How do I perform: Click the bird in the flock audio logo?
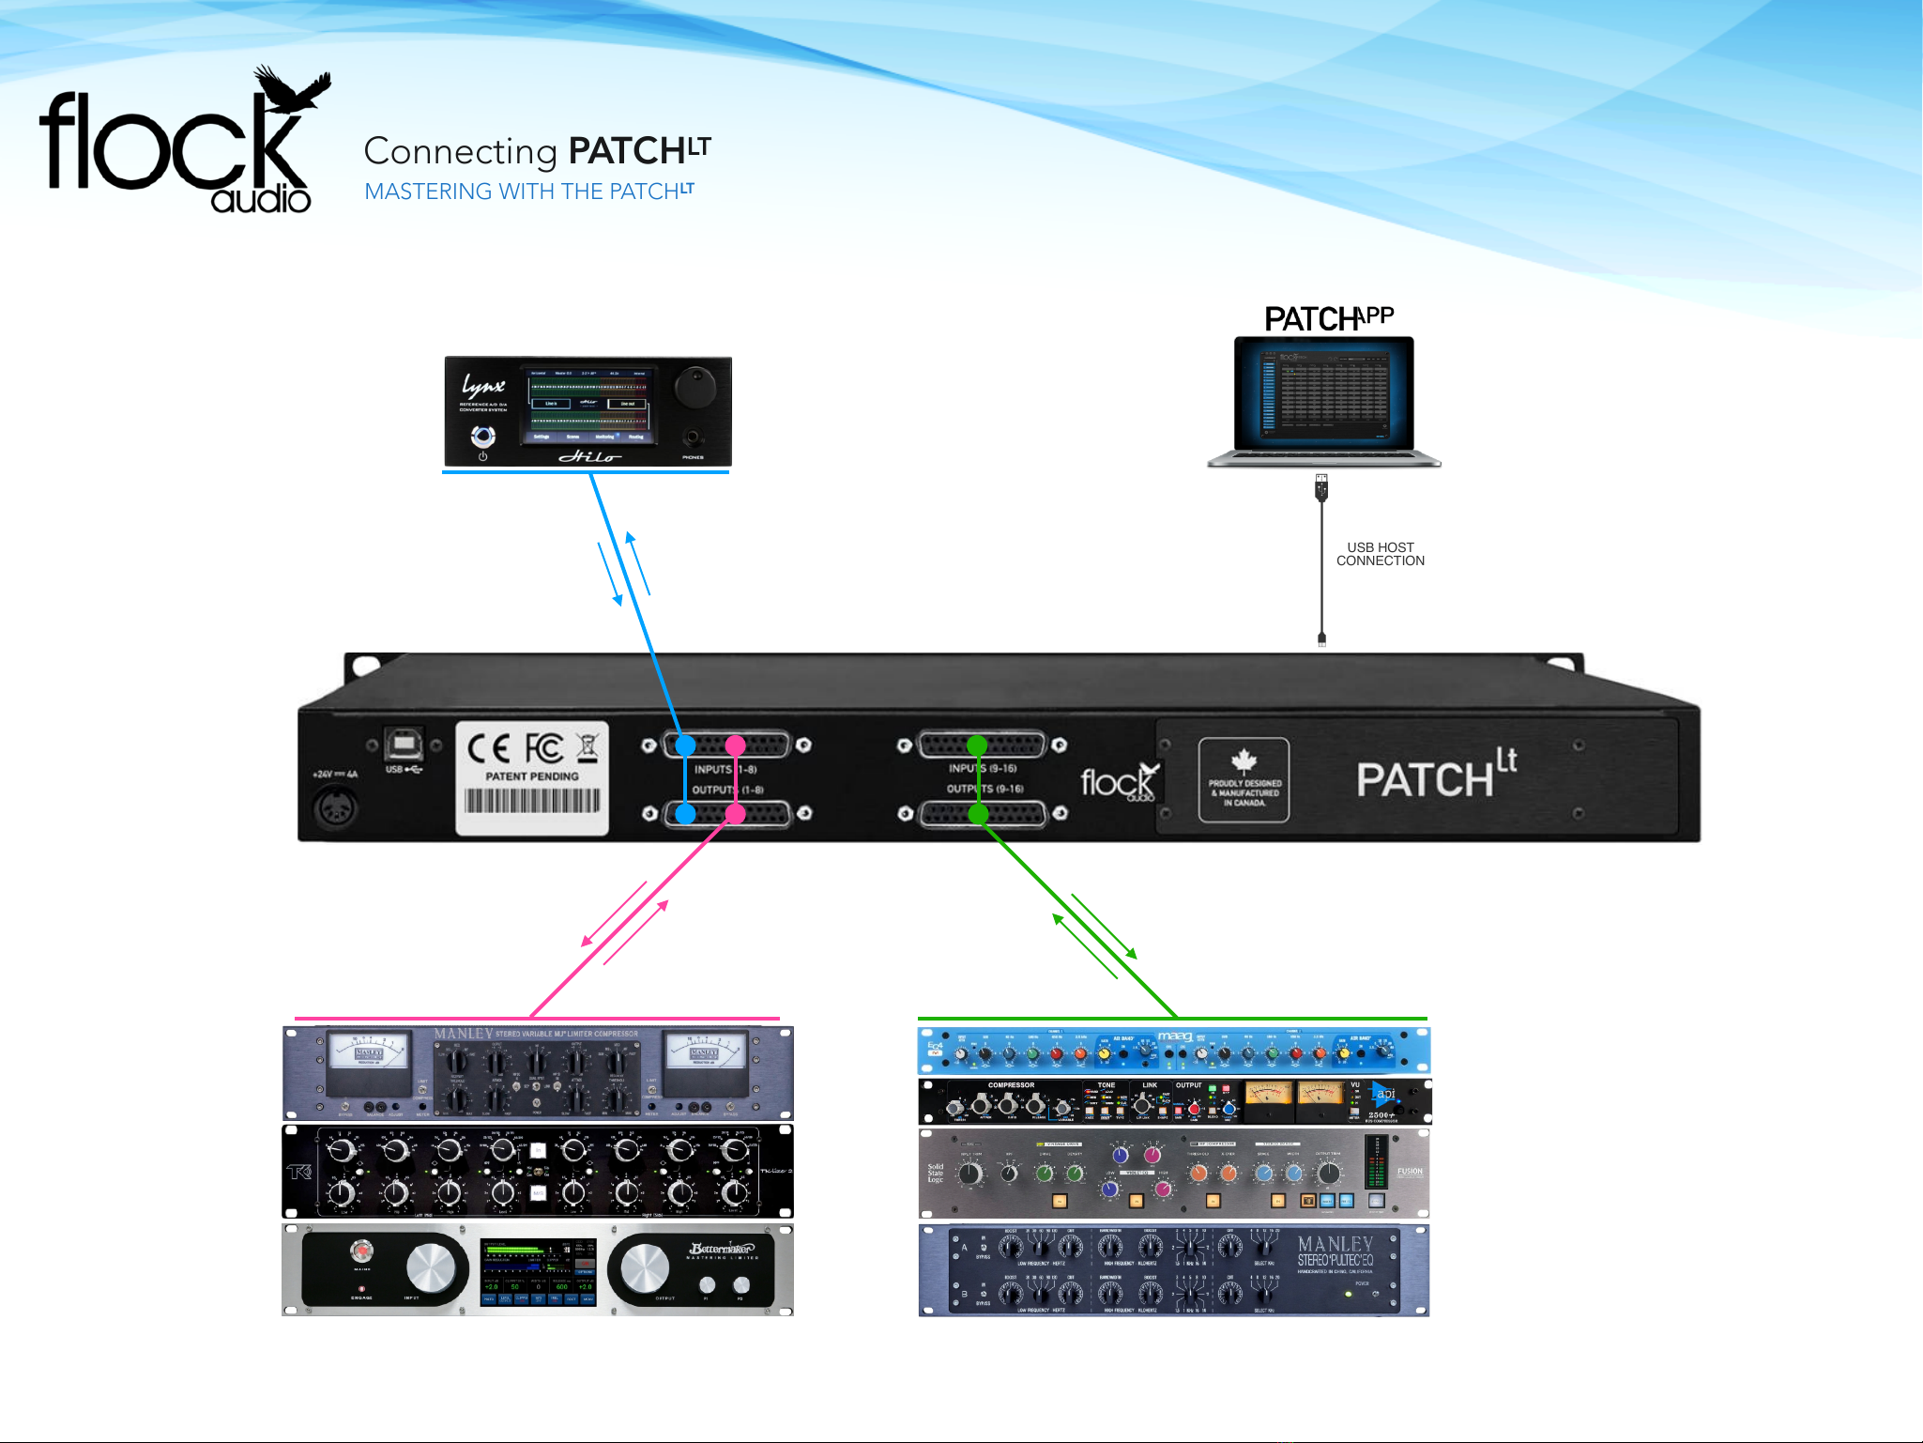coord(292,90)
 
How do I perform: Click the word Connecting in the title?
coord(460,151)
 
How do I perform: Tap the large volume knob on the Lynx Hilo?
coord(694,386)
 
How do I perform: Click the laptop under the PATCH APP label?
coord(1323,399)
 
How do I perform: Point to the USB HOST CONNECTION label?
coord(1380,554)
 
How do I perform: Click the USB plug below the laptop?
coord(1321,487)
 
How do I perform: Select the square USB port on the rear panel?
coord(404,745)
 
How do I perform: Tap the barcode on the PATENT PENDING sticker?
coord(532,801)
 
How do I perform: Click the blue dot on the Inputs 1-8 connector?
coord(686,745)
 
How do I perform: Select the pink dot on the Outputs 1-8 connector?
coord(736,813)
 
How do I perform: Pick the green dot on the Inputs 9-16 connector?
coord(977,745)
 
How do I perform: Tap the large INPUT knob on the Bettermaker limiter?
coord(430,1268)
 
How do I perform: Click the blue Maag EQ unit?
coord(1173,1051)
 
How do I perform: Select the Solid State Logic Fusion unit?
coord(1173,1174)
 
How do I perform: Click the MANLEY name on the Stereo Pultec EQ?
coord(1335,1244)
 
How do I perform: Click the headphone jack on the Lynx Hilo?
coord(693,438)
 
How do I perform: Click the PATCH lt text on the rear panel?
coord(1436,775)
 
